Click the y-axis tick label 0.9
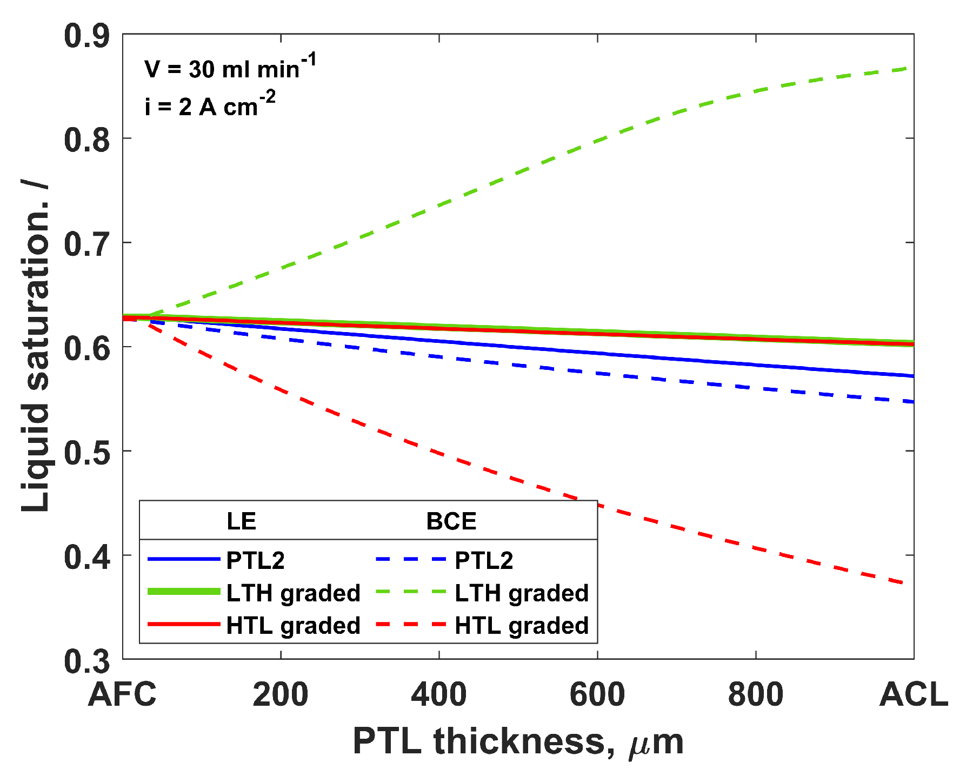tap(86, 37)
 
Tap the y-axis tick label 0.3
tap(86, 661)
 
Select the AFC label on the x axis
tap(122, 695)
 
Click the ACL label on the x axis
tap(914, 695)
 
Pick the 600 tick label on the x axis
tap(597, 695)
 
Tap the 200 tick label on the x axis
tap(281, 695)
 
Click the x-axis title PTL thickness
tap(518, 741)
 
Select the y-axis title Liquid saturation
tap(36, 346)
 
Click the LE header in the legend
tap(241, 521)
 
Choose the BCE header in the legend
tap(451, 521)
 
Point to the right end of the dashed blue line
tap(912, 402)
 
